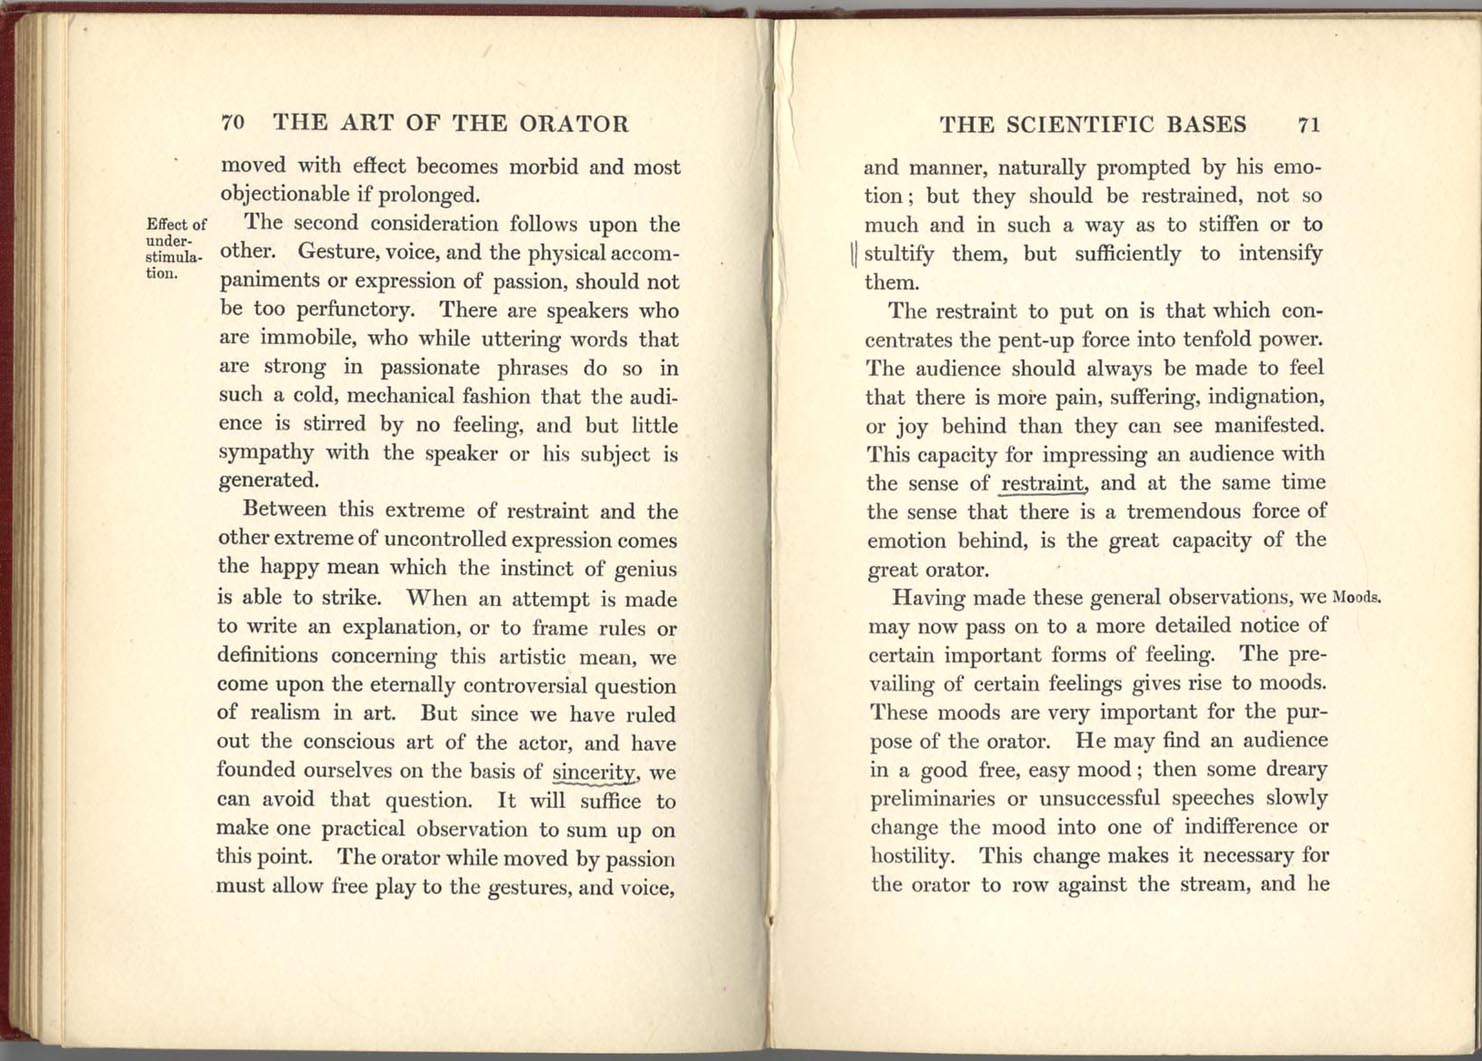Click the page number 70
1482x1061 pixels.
point(232,123)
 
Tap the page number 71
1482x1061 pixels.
point(1309,124)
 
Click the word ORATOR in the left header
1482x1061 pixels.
point(573,123)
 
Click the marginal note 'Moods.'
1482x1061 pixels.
point(1357,598)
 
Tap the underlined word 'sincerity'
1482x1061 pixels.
point(595,772)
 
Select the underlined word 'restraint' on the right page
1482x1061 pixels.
point(1043,483)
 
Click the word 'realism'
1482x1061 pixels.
point(283,714)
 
